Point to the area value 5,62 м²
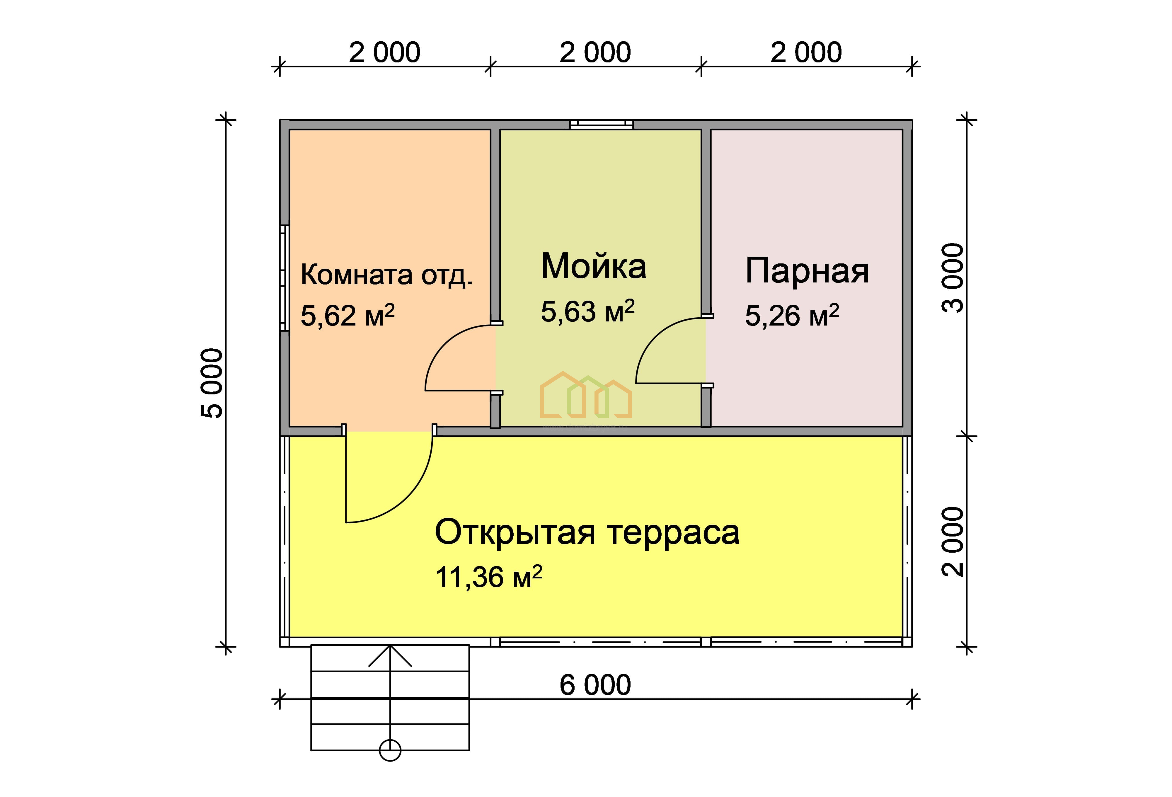[347, 315]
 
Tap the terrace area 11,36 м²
[489, 577]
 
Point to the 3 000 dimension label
[953, 278]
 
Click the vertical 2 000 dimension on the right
[953, 541]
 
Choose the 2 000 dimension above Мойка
[595, 52]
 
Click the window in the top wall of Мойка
[601, 124]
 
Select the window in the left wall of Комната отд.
[285, 278]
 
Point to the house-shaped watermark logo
[585, 395]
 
